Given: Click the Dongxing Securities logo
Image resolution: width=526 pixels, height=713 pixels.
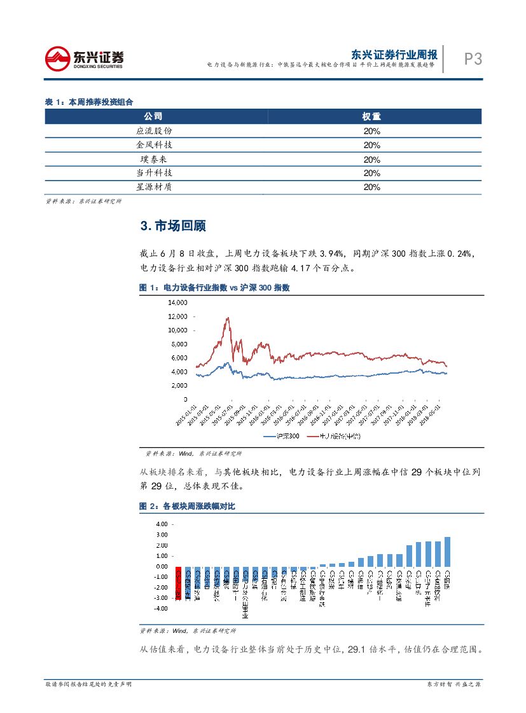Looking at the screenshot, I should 84,59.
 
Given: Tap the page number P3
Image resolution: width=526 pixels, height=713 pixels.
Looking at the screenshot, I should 473,59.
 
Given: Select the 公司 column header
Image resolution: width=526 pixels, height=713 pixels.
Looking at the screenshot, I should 153,117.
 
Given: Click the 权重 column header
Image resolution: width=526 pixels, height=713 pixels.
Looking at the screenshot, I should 371,117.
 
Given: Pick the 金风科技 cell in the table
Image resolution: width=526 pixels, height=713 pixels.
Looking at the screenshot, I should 154,145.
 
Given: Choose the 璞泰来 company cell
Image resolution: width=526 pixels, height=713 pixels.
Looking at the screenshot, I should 154,159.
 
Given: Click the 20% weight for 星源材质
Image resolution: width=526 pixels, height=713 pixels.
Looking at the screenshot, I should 371,187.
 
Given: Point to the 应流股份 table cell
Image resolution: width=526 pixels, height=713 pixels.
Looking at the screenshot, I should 154,131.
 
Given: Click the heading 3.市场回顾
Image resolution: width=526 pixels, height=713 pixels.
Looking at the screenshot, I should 172,226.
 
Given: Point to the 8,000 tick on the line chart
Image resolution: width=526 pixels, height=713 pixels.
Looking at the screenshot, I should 179,344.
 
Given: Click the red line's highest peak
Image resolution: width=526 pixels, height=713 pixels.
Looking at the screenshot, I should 227,318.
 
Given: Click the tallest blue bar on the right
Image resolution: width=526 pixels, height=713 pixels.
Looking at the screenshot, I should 447,552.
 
